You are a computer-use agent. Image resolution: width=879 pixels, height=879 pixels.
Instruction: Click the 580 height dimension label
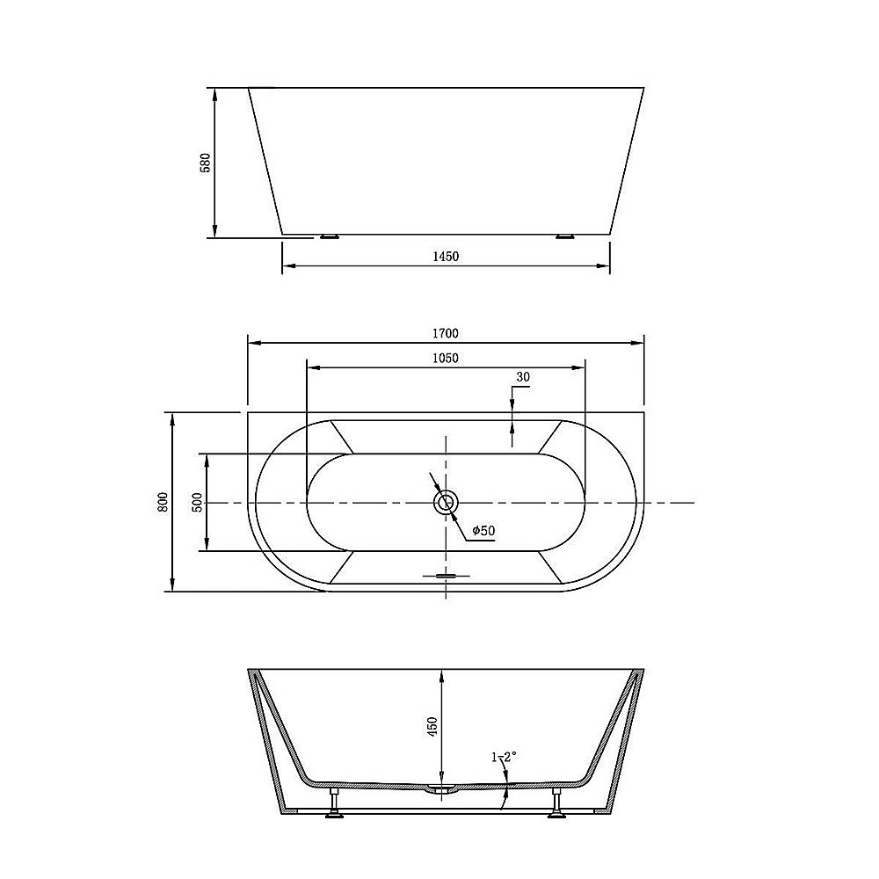[x=206, y=163]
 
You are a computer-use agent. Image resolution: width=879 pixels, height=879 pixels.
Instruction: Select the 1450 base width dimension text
[x=446, y=257]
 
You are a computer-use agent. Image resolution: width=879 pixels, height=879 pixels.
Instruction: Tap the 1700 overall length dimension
[x=446, y=333]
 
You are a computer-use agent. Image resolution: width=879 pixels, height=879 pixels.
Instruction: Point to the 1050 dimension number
[x=446, y=358]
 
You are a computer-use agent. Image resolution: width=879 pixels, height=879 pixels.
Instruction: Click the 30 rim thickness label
[x=523, y=377]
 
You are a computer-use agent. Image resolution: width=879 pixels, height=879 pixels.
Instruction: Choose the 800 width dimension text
[x=163, y=502]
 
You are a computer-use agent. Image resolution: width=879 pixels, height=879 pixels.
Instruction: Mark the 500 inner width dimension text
[x=197, y=502]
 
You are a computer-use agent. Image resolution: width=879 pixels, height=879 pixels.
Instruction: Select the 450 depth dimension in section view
[x=432, y=726]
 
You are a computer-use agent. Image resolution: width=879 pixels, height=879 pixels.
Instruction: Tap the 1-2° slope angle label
[x=504, y=755]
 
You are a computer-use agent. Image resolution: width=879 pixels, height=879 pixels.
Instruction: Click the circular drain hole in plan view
[x=446, y=503]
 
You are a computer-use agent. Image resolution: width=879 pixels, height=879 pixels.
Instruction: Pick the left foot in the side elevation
[x=330, y=236]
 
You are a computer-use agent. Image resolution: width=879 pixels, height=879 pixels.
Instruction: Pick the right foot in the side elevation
[x=563, y=236]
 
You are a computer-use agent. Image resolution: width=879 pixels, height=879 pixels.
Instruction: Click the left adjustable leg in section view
[x=335, y=803]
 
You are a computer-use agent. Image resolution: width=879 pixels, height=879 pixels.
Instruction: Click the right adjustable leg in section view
[x=556, y=803]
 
